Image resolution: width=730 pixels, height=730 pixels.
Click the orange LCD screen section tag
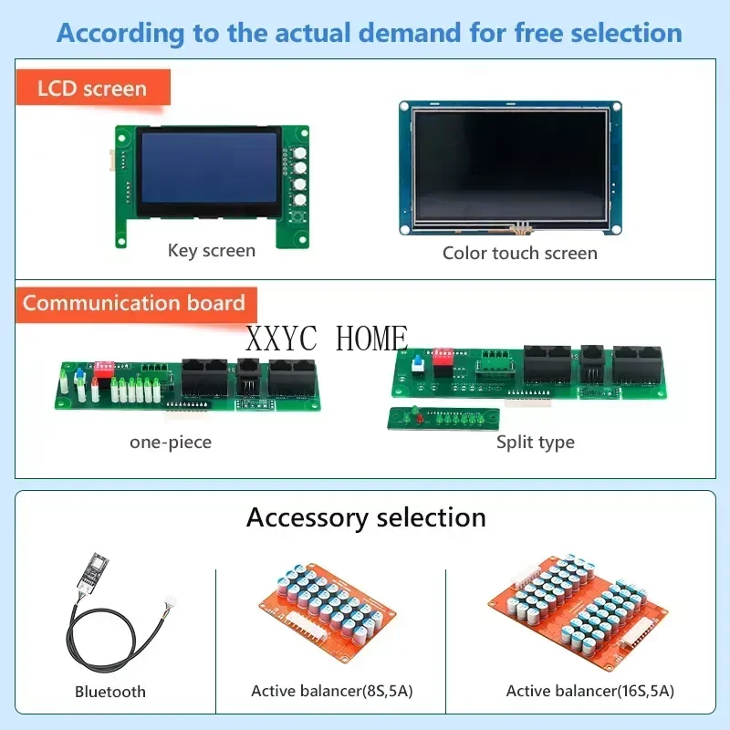pyautogui.click(x=92, y=89)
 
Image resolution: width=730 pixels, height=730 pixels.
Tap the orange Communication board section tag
pyautogui.click(x=134, y=304)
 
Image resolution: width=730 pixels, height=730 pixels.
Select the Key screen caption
pyautogui.click(x=212, y=250)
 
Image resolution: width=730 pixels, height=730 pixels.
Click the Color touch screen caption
pyautogui.click(x=520, y=253)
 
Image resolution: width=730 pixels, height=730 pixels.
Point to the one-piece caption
pyautogui.click(x=171, y=443)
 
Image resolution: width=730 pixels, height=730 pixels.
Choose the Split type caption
pyautogui.click(x=536, y=443)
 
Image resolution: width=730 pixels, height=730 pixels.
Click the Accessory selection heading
pyautogui.click(x=366, y=517)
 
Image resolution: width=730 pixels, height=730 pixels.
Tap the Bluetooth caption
pyautogui.click(x=110, y=692)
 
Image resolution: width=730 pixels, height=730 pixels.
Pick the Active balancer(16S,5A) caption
pyautogui.click(x=590, y=691)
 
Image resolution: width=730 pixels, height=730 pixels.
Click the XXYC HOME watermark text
pyautogui.click(x=326, y=339)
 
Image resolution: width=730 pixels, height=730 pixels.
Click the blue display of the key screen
pyautogui.click(x=209, y=167)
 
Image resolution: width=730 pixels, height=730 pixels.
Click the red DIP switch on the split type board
pyautogui.click(x=444, y=355)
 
